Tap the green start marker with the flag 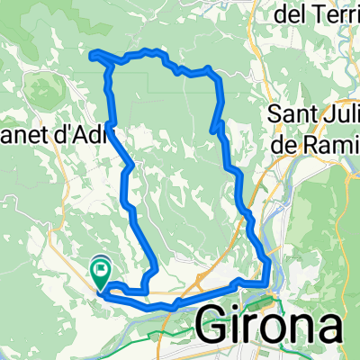click(101, 268)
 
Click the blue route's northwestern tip click(93, 58)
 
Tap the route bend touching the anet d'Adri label click(110, 123)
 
